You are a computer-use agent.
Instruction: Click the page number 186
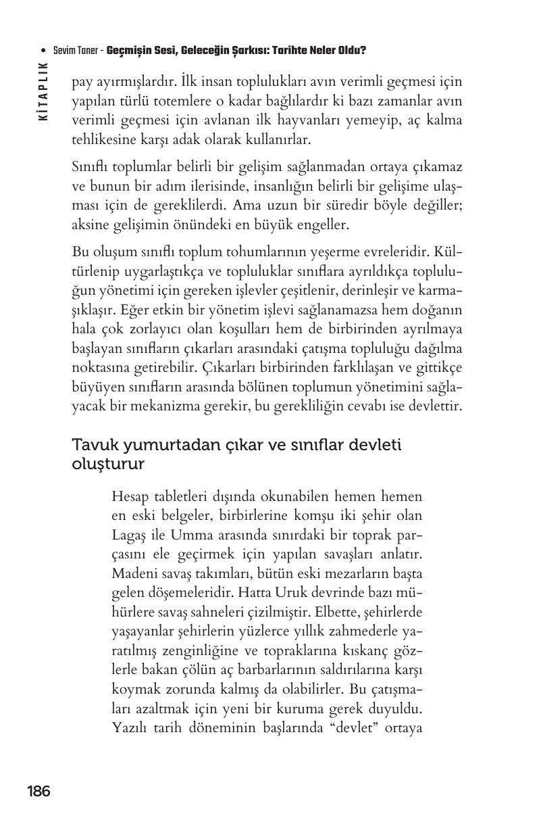click(x=38, y=791)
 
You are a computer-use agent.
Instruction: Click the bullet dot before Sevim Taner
click(x=43, y=51)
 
